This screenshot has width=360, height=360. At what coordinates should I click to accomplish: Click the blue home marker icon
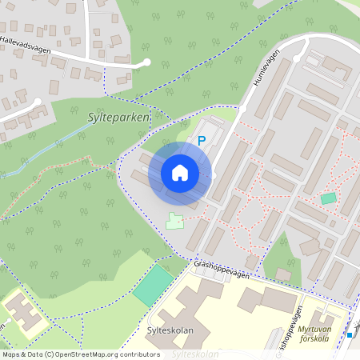180,173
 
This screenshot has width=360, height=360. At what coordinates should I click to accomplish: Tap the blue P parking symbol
202,141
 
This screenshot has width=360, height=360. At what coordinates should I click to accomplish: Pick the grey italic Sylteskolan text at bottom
196,353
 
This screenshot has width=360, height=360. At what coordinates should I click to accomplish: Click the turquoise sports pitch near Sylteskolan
153,285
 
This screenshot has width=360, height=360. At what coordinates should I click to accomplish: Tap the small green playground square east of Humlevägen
329,198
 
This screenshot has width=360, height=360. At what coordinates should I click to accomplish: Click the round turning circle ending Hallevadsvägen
146,62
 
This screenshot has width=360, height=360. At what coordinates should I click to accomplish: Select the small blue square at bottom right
350,334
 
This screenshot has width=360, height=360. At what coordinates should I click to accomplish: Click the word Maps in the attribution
11,354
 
